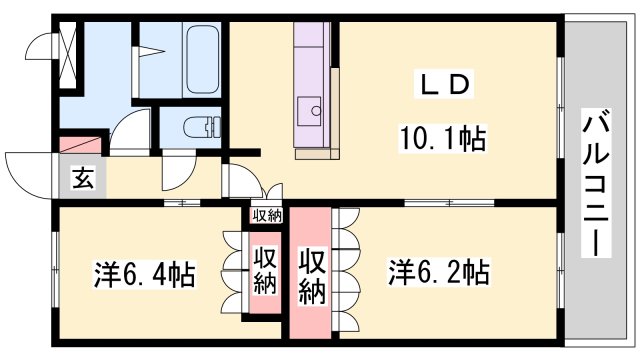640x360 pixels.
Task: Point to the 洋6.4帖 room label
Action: [x=144, y=272]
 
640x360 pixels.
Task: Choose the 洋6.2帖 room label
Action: [x=438, y=271]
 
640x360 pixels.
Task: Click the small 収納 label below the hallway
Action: [x=267, y=215]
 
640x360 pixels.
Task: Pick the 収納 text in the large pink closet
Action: [x=312, y=275]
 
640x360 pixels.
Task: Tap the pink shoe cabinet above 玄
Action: [x=80, y=143]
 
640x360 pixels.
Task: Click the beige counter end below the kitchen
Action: [x=317, y=154]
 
